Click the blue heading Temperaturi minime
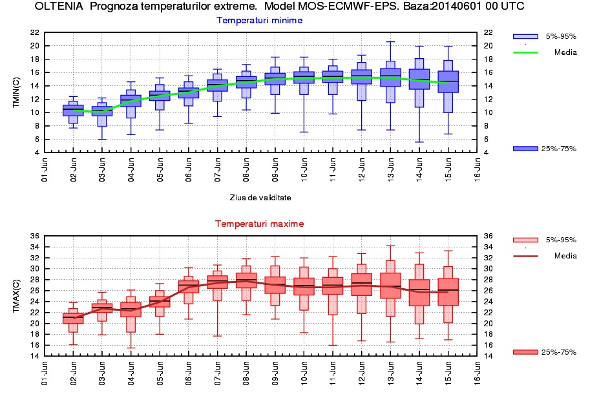[259, 20]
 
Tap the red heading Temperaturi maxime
[259, 224]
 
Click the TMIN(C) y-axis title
[17, 92]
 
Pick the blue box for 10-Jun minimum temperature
[304, 77]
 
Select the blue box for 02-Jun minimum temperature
[73, 110]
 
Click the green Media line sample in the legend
[525, 52]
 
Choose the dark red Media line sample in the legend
[525, 256]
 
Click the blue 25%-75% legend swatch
[525, 149]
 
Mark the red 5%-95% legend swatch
[525, 240]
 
